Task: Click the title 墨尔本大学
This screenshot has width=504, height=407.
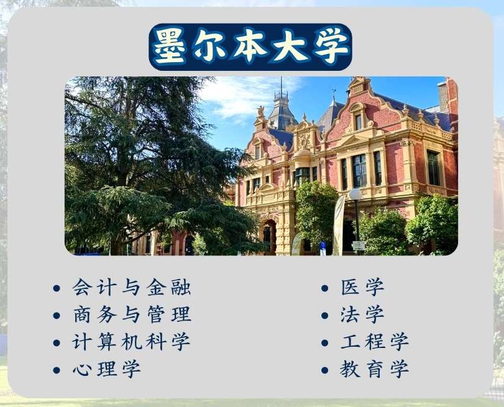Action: tap(250, 47)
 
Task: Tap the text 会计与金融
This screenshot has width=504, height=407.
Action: tap(132, 287)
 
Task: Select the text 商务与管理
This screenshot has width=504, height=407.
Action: tap(132, 314)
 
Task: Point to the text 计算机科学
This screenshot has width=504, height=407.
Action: tap(131, 342)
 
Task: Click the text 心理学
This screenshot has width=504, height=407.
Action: tap(107, 369)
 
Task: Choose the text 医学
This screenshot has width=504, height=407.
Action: tap(362, 287)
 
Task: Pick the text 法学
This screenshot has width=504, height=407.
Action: tap(362, 314)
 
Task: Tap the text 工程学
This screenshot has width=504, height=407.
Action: tap(375, 342)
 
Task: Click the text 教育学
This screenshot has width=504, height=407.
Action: tap(375, 369)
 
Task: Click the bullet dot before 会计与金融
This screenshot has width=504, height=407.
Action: tap(57, 288)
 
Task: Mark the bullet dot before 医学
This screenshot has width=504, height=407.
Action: tap(324, 288)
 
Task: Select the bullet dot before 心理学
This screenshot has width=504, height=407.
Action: tap(57, 370)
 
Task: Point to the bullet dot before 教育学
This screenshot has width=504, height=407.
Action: tap(324, 370)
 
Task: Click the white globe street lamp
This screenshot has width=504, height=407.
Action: tap(355, 194)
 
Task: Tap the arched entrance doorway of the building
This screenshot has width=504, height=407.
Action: tap(268, 237)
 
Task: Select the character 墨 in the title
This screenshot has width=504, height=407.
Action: tap(169, 47)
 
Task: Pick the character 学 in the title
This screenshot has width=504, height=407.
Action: tap(331, 47)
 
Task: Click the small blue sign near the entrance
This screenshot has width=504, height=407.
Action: tap(323, 248)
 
